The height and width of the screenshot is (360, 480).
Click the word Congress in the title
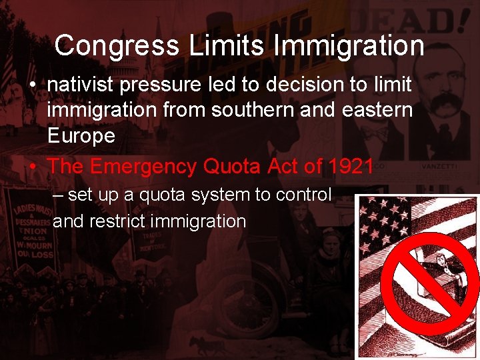point(117,46)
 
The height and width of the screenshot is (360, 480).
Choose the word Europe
point(81,135)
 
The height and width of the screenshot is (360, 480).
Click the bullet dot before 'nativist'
point(32,86)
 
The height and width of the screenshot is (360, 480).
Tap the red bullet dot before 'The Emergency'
point(32,167)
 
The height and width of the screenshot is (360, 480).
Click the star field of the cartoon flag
point(384,227)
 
